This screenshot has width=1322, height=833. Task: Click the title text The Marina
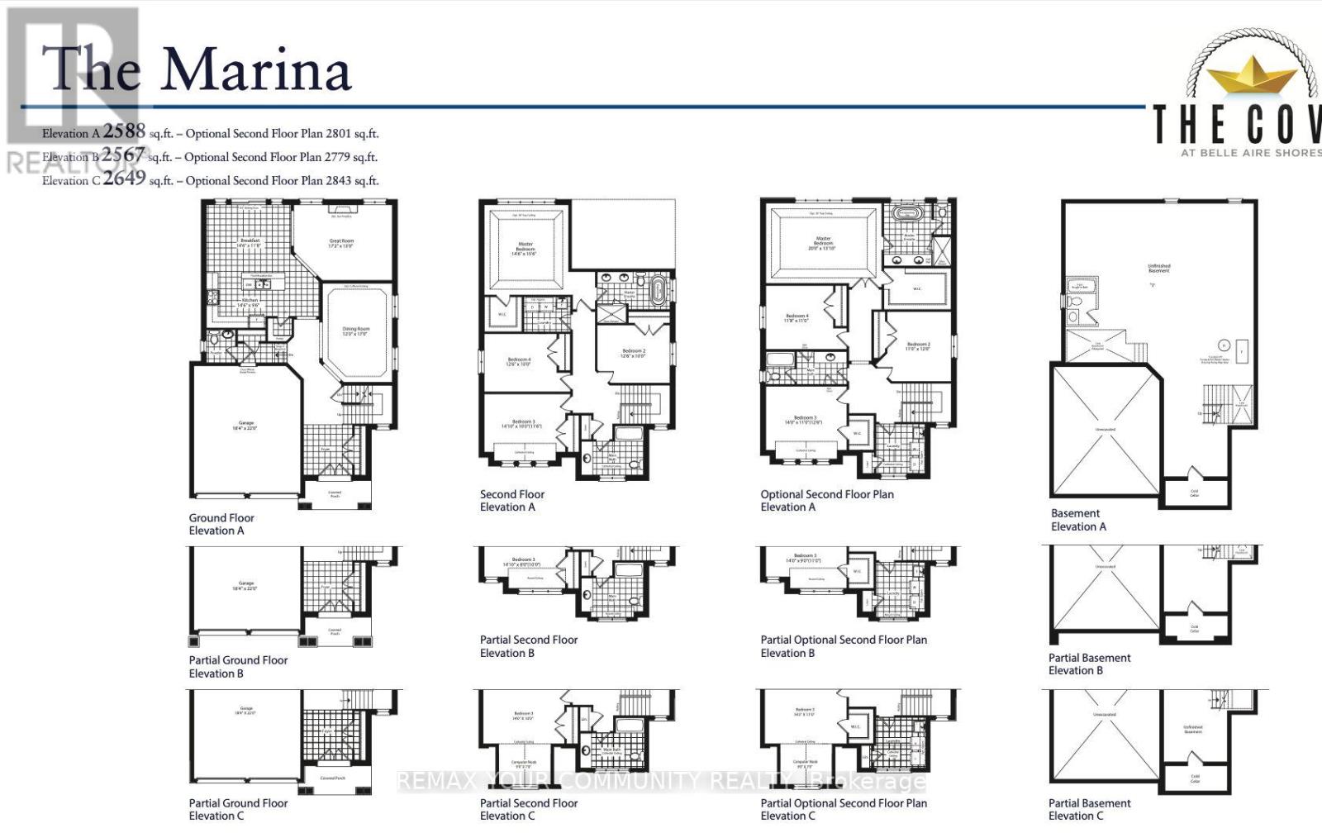(x=197, y=69)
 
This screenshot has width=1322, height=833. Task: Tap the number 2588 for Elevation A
(x=124, y=131)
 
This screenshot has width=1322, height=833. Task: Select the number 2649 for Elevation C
(x=124, y=178)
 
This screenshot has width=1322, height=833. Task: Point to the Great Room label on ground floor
(x=341, y=243)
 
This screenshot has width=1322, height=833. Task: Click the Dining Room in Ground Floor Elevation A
(x=356, y=331)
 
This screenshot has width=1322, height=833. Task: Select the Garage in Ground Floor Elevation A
(x=246, y=425)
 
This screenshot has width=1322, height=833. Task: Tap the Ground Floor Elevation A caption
(x=221, y=524)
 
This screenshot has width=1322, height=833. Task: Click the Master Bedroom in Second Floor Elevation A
(x=525, y=248)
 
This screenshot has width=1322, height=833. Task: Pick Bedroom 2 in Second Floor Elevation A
(x=634, y=353)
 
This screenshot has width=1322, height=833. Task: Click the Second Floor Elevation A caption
(x=512, y=501)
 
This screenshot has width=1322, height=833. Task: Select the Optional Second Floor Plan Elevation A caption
(x=827, y=501)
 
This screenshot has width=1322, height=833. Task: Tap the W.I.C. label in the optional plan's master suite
(x=917, y=289)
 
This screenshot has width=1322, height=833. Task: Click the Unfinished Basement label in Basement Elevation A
(x=1159, y=269)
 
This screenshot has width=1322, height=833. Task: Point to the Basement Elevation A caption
(x=1078, y=520)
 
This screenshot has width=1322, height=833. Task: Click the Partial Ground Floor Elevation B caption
(x=238, y=666)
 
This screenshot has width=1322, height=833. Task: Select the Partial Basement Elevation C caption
(x=1089, y=809)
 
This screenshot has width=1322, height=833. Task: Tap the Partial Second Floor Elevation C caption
(x=529, y=809)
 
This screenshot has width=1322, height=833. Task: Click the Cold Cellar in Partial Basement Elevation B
(x=1195, y=629)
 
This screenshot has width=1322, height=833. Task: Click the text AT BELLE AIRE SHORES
(x=1250, y=152)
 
